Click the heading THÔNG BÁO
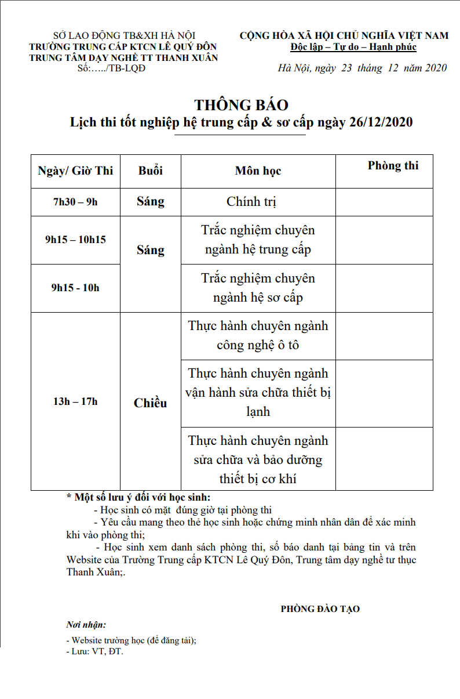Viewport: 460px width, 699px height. coord(241,105)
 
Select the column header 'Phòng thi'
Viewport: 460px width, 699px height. coord(393,166)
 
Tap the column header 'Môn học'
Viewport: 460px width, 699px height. coord(258,171)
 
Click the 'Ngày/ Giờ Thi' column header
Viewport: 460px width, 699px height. coord(75,171)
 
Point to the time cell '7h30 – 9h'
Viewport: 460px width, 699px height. coord(75,202)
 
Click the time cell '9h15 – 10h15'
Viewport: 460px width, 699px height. coord(75,239)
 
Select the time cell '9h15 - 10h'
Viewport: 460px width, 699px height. coord(75,287)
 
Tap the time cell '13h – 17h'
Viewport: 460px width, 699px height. coord(75,401)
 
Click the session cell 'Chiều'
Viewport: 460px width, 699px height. coord(150,403)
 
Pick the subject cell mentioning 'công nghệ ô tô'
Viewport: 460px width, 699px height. coord(258,335)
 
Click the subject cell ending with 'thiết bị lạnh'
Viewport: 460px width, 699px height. coord(258,393)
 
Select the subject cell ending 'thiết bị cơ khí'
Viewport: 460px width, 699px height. coord(258,459)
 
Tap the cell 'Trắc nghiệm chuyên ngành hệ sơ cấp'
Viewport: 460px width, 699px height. coord(258,288)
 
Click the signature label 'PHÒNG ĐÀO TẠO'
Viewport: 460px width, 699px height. coord(320,609)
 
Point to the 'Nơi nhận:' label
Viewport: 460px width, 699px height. coord(86,625)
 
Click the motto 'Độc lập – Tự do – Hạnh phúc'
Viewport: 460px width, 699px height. coord(353,47)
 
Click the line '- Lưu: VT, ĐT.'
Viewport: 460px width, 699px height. coord(95,651)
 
